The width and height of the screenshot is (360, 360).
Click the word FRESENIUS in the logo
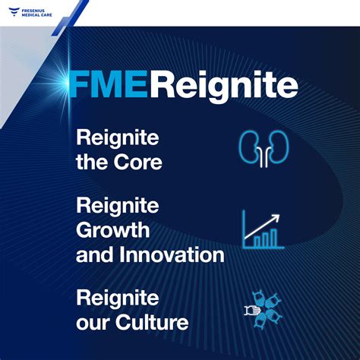pos(36,8)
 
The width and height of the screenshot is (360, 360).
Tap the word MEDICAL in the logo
pos(32,14)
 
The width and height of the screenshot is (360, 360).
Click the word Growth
pos(112,229)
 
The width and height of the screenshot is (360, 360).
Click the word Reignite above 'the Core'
pos(117,138)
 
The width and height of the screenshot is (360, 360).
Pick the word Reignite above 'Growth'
pos(117,206)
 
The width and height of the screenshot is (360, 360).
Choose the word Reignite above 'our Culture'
pos(117,298)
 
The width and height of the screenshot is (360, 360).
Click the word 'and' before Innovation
pos(92,254)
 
